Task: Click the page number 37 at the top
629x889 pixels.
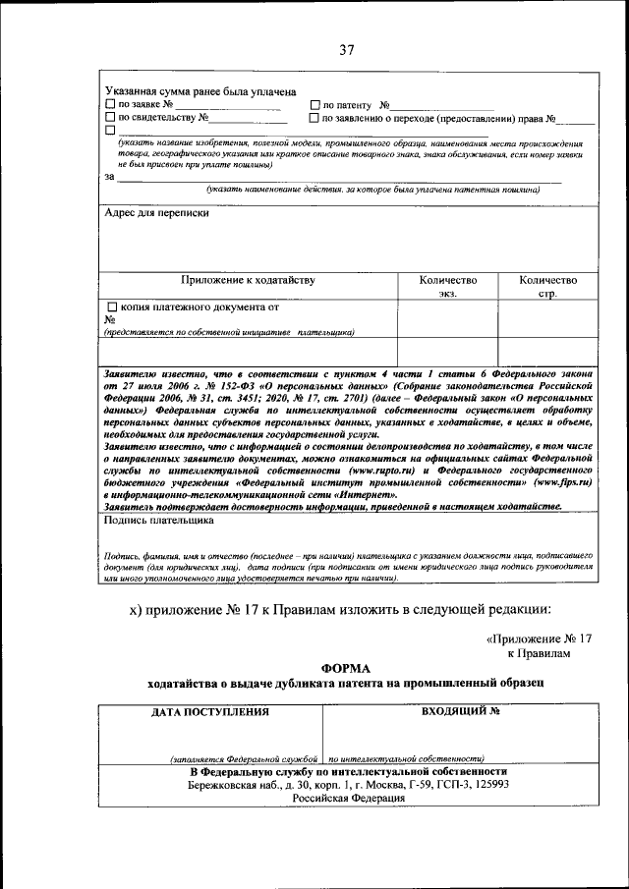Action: (346, 51)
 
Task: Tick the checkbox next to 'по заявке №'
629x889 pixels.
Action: (110, 105)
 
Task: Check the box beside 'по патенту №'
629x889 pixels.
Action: (314, 105)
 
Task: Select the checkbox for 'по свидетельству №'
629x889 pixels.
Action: (110, 118)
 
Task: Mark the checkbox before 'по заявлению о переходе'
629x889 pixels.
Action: (314, 118)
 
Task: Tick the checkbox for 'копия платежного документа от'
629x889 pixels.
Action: (112, 306)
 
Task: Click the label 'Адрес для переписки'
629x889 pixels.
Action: (155, 212)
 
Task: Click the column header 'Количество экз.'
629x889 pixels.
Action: (447, 286)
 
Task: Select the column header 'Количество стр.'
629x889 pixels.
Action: (547, 286)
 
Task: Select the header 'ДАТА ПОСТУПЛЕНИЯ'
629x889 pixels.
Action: (207, 711)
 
